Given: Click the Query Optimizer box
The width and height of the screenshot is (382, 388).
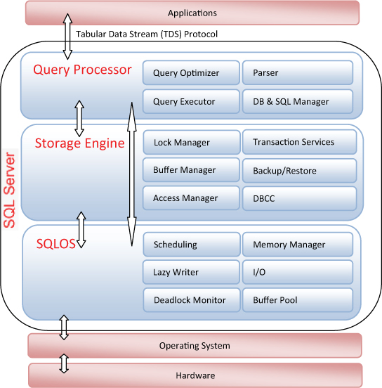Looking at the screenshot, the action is pos(191,73).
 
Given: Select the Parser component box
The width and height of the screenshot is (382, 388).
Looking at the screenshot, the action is pos(298,73).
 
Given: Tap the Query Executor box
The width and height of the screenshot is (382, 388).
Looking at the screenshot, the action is pos(191,101).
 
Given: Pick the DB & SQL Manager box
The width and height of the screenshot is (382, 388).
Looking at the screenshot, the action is pos(298,101).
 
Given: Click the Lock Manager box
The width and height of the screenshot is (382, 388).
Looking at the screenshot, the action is pos(192,142).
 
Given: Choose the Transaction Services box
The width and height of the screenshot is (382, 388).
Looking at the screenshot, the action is pos(299,142).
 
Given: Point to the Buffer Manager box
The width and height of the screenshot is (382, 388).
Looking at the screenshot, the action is pos(191,170).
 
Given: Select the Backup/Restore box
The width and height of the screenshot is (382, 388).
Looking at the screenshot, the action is pos(299,171).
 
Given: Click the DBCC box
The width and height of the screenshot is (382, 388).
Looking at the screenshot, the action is pos(299,198).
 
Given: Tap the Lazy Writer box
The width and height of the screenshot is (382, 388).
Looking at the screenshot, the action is pos(191,272).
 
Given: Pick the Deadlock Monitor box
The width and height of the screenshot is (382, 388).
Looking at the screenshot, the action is pos(192,300).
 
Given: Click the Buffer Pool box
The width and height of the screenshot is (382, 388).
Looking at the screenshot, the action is pos(298,300).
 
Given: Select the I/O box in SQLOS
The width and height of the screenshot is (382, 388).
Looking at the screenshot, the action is pos(298,272).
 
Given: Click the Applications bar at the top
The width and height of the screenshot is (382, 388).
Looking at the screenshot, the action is pos(192,13).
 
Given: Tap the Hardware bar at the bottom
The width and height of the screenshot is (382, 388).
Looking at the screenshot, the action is pos(195,375).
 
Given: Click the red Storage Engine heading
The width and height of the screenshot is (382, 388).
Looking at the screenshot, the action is pos(79,143).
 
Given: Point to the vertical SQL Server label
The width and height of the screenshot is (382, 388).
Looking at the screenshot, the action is pos(10,190).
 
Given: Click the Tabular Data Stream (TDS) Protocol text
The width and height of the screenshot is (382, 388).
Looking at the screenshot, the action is pos(147,34).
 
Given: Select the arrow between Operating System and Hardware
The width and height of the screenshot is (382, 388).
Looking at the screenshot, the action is pos(64,363).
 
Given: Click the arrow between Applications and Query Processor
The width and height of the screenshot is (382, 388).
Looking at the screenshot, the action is pos(67,37).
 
